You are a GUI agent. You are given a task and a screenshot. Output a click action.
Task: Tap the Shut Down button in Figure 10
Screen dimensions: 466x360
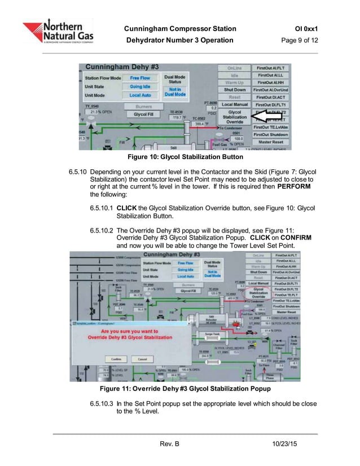(x=235, y=90)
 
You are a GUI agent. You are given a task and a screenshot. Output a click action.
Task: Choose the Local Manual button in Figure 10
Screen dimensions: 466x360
(x=235, y=104)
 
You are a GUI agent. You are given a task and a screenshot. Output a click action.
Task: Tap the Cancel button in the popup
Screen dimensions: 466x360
(x=142, y=359)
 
